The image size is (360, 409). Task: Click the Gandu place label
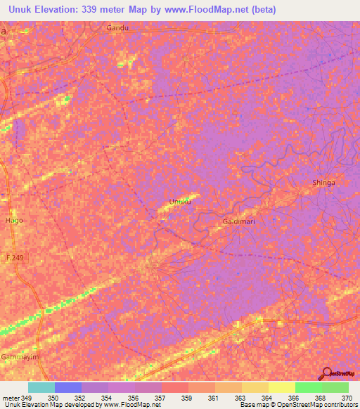point(120,28)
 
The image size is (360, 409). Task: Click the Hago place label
point(14,220)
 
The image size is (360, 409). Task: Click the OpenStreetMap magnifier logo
point(328,373)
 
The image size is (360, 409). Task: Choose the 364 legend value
point(267,398)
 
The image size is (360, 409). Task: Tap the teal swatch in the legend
point(41,387)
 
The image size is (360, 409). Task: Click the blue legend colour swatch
point(67,387)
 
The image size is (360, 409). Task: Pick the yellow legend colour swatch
point(281,387)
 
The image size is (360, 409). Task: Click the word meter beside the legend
point(11,398)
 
